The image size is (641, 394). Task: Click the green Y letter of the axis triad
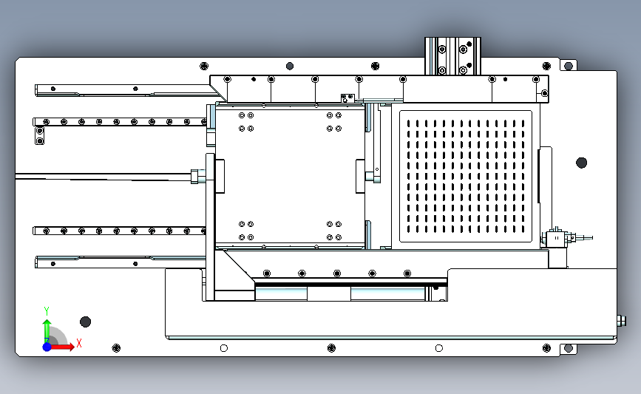tap(46, 311)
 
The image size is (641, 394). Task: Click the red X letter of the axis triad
tap(79, 343)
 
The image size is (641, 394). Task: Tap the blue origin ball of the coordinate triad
tap(47, 347)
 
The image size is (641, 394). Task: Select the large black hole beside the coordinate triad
tap(86, 322)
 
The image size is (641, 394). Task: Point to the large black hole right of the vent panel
tap(581, 163)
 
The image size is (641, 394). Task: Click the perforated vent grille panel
tap(466, 176)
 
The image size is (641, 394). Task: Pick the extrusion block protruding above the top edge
tap(452, 56)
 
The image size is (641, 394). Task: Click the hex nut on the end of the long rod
tap(198, 177)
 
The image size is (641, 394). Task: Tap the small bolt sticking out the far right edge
tap(621, 321)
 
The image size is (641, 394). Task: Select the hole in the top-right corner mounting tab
tap(569, 66)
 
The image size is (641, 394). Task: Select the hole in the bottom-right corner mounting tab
tap(569, 348)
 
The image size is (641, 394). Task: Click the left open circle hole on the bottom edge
tap(223, 348)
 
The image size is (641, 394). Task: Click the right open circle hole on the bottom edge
tap(439, 348)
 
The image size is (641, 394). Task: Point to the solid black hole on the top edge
tap(290, 66)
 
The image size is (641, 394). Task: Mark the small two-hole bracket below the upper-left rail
tap(40, 136)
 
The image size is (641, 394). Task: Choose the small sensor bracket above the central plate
tap(347, 98)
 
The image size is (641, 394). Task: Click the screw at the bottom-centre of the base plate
tap(331, 348)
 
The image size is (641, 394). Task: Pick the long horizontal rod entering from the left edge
tap(103, 177)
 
